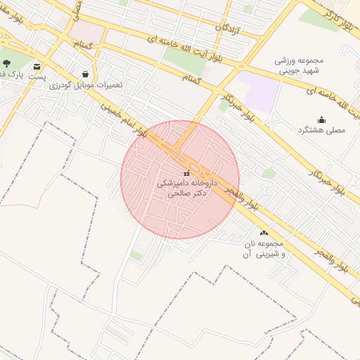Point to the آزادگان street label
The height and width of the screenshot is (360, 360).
[231, 29]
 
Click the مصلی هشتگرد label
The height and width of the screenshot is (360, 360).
[321, 131]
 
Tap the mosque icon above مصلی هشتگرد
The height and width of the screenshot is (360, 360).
[321, 120]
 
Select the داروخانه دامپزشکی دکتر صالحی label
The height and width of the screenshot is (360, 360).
[186, 187]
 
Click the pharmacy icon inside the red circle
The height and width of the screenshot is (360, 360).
[186, 173]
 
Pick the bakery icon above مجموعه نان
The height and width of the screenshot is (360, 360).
[264, 233]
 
